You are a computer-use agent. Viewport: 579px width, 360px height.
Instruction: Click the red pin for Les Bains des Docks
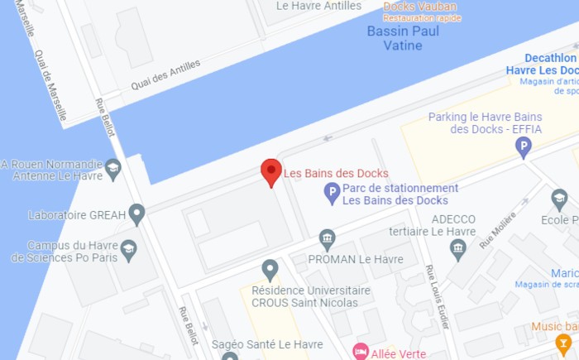271,171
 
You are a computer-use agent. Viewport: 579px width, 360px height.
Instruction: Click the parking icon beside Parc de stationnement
331,194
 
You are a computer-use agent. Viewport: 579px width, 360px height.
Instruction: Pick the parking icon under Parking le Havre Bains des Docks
523,147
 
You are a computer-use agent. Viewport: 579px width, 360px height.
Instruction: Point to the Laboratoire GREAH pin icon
136,214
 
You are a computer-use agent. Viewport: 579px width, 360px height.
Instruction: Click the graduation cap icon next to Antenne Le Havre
113,169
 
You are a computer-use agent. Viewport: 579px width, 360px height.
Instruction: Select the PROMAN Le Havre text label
355,259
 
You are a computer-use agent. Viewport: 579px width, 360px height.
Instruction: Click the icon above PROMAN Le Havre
328,239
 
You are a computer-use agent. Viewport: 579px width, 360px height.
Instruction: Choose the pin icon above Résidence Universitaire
269,269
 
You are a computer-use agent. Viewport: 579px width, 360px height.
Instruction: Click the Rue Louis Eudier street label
437,295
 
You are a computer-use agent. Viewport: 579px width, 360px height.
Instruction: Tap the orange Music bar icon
564,343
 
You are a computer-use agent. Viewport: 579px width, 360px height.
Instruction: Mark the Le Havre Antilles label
319,5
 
